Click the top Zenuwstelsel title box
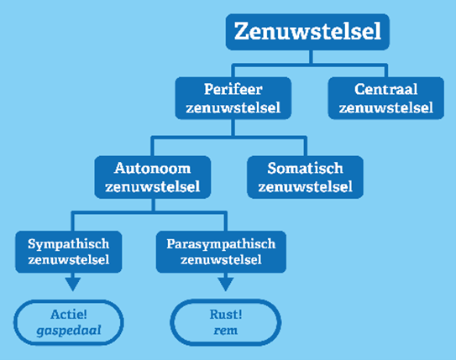click(307, 32)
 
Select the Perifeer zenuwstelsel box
click(233, 98)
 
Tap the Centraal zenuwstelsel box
click(386, 98)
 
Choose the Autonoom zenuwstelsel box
click(153, 177)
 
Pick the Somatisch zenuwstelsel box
click(305, 177)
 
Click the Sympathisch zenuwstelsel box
click(68, 252)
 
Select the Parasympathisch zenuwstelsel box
click(221, 252)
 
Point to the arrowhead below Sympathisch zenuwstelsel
click(73, 284)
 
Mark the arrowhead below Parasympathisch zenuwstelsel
click(225, 284)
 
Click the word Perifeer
click(233, 89)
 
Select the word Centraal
click(386, 89)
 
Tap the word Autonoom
click(152, 168)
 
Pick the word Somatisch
click(305, 168)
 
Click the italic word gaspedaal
click(69, 331)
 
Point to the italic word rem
click(226, 331)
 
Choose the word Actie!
click(69, 315)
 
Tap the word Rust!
click(226, 315)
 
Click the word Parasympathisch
click(221, 244)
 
